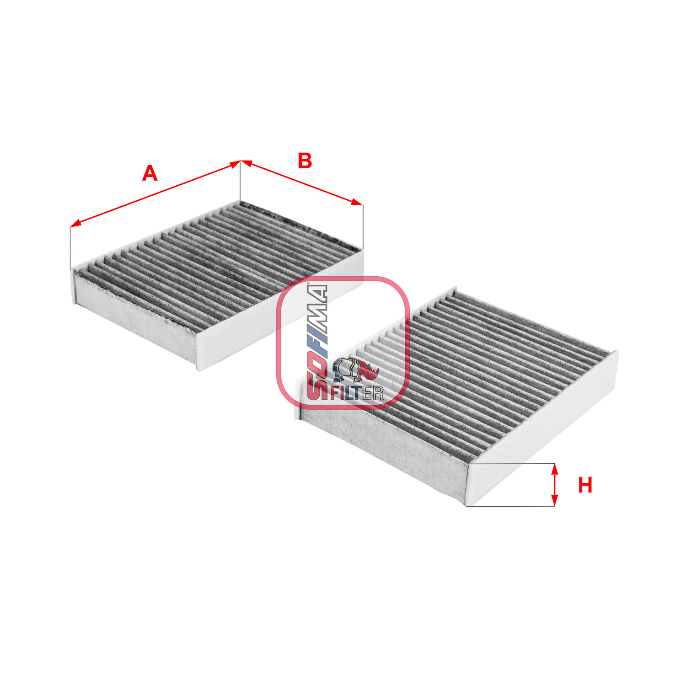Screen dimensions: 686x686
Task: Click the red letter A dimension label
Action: [150, 174]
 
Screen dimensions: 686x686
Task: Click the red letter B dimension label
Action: [305, 161]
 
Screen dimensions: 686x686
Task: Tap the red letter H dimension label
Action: [585, 485]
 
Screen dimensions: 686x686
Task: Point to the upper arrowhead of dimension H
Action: [554, 467]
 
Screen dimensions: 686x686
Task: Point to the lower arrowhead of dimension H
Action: [554, 502]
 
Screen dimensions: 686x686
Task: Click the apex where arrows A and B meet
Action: [241, 161]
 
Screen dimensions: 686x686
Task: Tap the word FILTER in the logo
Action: [357, 393]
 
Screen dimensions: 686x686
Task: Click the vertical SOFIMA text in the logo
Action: [317, 341]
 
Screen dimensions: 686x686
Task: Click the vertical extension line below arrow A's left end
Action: [70, 247]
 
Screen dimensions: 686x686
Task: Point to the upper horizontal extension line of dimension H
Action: [512, 463]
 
